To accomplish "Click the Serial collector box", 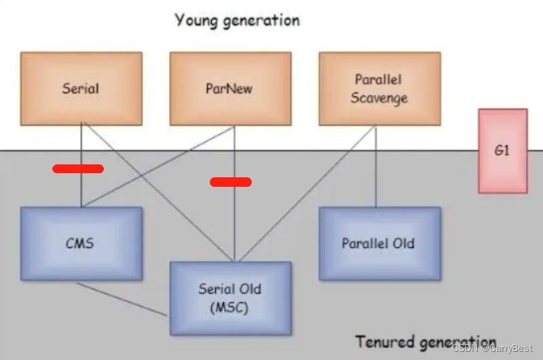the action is click(81, 88).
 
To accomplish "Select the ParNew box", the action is click(230, 88).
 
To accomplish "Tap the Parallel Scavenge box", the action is click(379, 88).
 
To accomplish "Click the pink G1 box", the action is click(502, 151).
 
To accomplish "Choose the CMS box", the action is click(81, 243).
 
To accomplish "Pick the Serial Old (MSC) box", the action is click(230, 298).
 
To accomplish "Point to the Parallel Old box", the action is click(379, 243).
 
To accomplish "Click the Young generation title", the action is click(237, 20).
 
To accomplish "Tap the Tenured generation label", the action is click(426, 341).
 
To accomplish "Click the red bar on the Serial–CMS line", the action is click(78, 168).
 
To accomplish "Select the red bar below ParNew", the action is click(231, 181).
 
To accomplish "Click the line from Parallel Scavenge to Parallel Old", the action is click(376, 170).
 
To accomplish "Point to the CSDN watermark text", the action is click(494, 348).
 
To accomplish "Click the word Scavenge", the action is click(379, 98).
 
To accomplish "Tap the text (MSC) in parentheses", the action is click(230, 308).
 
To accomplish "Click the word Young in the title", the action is click(197, 20).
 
